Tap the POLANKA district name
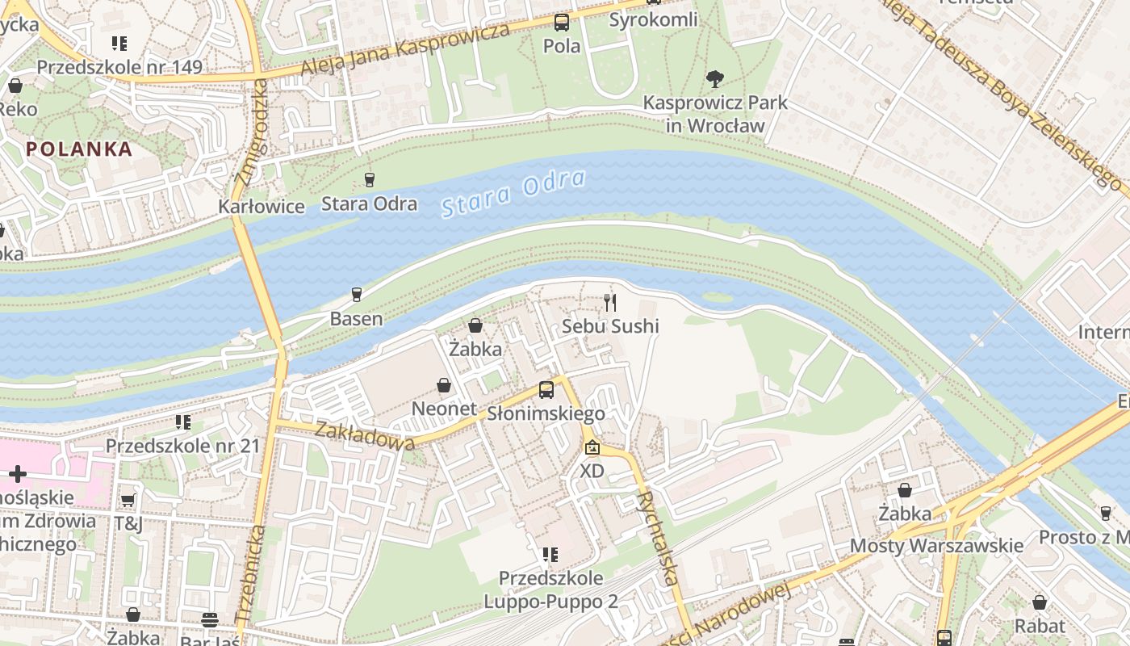(x=79, y=149)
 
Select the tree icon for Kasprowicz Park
(x=714, y=79)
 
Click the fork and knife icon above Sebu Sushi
(x=610, y=303)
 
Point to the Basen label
(x=356, y=318)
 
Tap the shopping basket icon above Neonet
(x=444, y=385)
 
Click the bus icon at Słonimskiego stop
(x=546, y=390)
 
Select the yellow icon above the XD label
(x=592, y=447)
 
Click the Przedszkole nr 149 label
(x=119, y=67)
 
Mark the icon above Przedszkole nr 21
(x=183, y=422)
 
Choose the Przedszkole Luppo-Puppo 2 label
(x=550, y=590)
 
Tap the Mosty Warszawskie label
(x=936, y=546)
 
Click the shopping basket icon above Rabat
(x=1040, y=602)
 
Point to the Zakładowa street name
(x=365, y=435)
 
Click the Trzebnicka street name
(x=251, y=573)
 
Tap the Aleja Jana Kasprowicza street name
(x=405, y=50)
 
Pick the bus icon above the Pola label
(x=561, y=23)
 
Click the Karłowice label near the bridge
(x=262, y=207)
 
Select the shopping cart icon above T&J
(x=128, y=501)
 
